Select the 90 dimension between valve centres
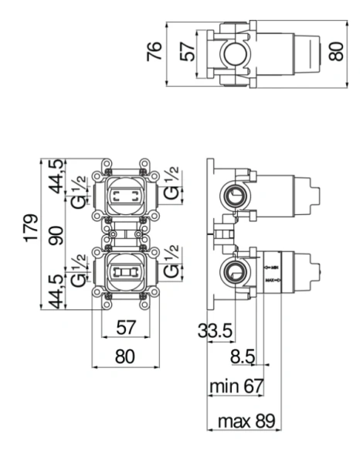tap(56, 237)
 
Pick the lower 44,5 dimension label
tap(56, 292)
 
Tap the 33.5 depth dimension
tap(215, 331)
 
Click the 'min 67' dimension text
tap(236, 385)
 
